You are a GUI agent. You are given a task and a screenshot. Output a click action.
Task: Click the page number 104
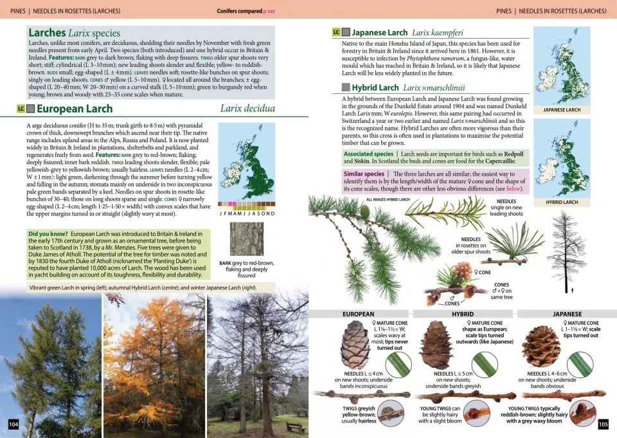13,424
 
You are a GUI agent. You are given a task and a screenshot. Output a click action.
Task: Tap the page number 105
603,424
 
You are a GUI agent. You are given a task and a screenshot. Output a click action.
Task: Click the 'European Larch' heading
75,109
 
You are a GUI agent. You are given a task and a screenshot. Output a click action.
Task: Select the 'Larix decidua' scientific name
247,109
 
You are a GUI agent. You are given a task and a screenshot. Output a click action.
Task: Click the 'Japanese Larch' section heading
379,32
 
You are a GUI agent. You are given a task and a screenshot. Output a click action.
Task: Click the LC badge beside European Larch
21,109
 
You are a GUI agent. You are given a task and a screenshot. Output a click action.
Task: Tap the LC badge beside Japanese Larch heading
335,32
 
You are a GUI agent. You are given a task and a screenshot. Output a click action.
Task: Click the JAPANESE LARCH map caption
562,110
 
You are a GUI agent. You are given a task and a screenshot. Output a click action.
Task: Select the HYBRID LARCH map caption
562,202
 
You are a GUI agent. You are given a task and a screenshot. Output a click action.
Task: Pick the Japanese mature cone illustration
541,346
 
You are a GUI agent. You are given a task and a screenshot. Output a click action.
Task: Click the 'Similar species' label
364,174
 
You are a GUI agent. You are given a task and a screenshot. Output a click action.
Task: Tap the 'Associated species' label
368,154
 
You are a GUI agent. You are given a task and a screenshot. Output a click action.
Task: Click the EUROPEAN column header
359,314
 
